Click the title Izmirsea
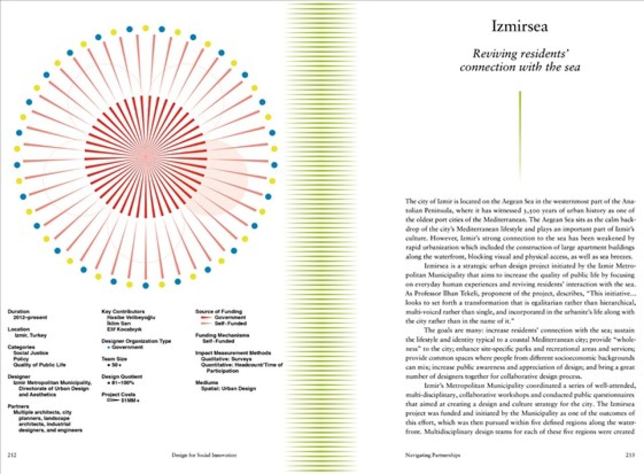click(x=519, y=27)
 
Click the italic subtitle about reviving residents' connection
click(x=519, y=60)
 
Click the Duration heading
click(x=19, y=311)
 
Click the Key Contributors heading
click(x=123, y=311)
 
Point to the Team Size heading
click(x=115, y=358)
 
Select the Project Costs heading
click(x=119, y=394)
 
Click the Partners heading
click(x=18, y=406)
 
